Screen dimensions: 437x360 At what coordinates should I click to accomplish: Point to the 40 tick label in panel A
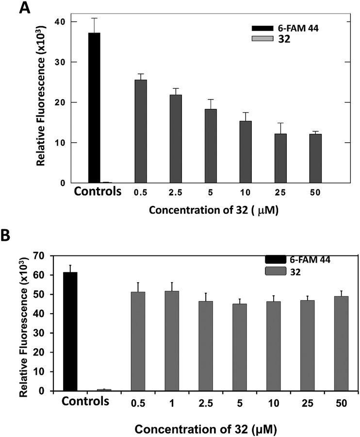[x=60, y=22]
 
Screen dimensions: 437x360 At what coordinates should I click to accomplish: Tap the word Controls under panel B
[x=81, y=403]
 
